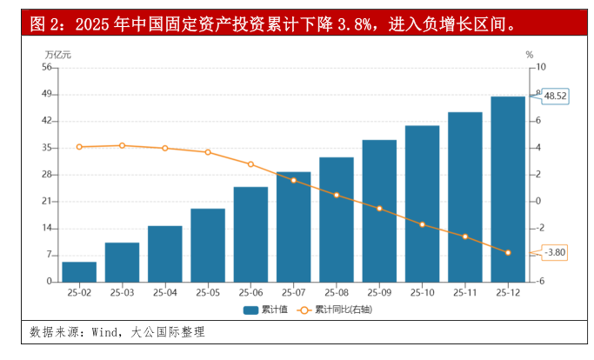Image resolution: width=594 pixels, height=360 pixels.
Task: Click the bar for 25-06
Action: (250, 234)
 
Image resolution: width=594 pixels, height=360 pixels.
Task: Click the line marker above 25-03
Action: (122, 145)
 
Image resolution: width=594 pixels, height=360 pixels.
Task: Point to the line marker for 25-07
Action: (293, 180)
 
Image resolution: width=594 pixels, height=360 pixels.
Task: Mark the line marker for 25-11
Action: (465, 237)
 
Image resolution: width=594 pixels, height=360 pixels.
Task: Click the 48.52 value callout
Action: (555, 96)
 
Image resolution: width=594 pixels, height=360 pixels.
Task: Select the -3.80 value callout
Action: (554, 253)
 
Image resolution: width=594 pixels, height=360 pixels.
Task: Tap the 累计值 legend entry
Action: (265, 309)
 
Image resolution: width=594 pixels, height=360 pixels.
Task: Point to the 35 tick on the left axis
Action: (47, 148)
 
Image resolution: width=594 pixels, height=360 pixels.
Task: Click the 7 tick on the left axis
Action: (50, 255)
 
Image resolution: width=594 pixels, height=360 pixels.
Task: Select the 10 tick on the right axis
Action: (541, 67)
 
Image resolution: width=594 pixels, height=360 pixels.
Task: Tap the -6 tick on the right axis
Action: (540, 282)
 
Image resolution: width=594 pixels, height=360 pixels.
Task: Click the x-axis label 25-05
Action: (208, 292)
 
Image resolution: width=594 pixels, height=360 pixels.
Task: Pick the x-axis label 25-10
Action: (422, 292)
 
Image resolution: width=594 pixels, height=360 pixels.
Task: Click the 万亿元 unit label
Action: (58, 54)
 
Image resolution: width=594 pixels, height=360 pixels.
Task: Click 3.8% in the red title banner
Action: (346, 23)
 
